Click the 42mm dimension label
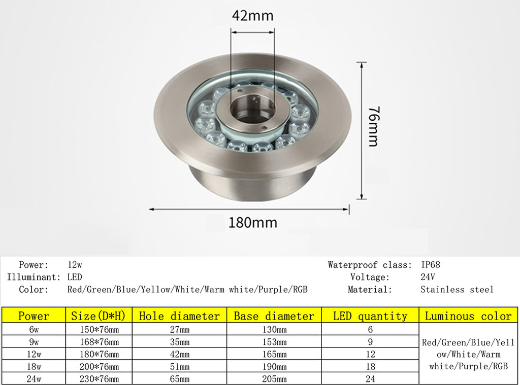252,16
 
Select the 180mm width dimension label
253,222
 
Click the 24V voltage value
428,277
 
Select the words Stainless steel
457,290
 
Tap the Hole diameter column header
179,316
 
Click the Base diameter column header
274,316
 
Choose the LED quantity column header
370,316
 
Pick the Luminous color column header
468,316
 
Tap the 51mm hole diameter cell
179,366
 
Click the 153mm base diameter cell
274,341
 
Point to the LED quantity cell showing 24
370,379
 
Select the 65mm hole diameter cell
179,379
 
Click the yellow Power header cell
34,316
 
